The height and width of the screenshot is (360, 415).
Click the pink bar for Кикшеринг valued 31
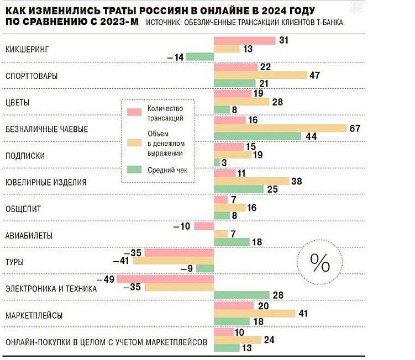pyautogui.click(x=244, y=41)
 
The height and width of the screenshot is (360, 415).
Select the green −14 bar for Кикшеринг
pyautogui.click(x=200, y=56)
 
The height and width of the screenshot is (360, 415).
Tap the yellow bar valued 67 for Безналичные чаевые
pyautogui.click(x=280, y=128)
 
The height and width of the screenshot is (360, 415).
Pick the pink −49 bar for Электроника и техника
pyautogui.click(x=165, y=279)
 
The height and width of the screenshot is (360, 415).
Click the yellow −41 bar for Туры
pyautogui.click(x=173, y=261)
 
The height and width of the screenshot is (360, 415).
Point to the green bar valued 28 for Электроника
pyautogui.click(x=241, y=295)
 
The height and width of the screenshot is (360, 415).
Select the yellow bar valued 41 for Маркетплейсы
pyautogui.click(x=254, y=314)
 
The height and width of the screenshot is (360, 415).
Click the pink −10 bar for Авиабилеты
pyautogui.click(x=204, y=226)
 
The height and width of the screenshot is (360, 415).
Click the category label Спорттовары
pyautogui.click(x=31, y=76)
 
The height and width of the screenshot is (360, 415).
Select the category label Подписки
pyautogui.click(x=25, y=156)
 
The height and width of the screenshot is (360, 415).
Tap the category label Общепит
pyautogui.click(x=23, y=209)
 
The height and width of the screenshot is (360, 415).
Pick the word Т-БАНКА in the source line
pyautogui.click(x=329, y=22)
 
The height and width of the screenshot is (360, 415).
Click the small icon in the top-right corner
pyautogui.click(x=358, y=7)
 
